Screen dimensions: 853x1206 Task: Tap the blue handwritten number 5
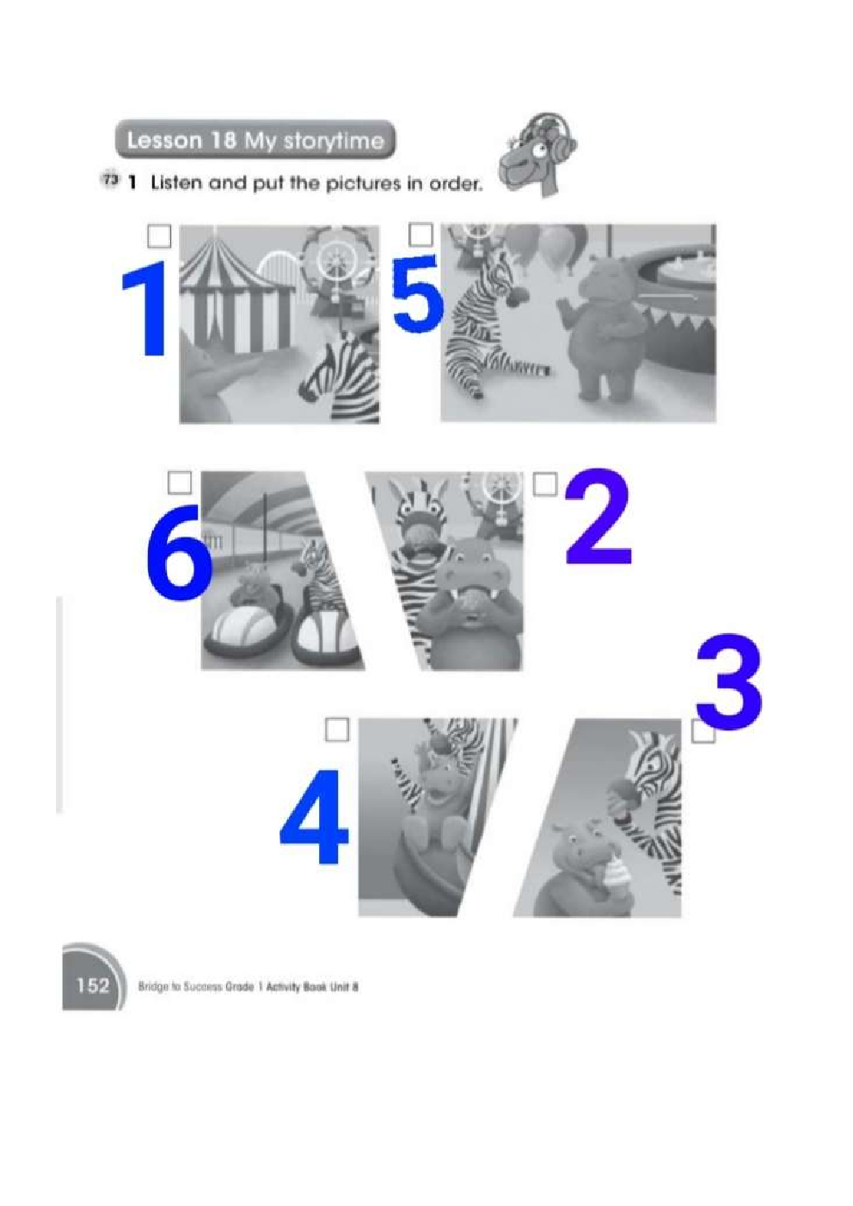418,292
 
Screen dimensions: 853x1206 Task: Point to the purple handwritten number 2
598,516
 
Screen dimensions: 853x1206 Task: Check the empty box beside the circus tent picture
159,236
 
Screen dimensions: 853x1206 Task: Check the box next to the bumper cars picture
179,483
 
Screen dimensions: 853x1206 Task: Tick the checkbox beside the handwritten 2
544,483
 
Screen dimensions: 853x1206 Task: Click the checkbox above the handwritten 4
337,730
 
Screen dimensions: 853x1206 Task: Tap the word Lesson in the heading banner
163,140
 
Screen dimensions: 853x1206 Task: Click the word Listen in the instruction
177,183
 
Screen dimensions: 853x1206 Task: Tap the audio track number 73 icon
110,181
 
